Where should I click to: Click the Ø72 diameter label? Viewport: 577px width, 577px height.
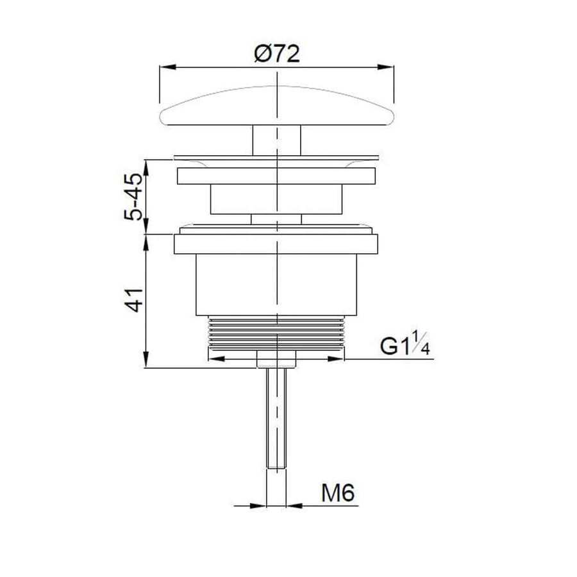click(277, 54)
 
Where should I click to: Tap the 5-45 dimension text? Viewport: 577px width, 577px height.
click(133, 197)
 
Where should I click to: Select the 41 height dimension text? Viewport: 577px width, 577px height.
click(133, 300)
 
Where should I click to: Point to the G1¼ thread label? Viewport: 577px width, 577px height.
click(405, 344)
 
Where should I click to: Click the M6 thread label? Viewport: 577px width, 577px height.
click(338, 493)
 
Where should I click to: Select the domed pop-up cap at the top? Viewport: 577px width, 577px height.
click(277, 106)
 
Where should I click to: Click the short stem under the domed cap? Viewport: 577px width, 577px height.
click(277, 140)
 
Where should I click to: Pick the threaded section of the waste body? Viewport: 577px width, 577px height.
click(277, 332)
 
